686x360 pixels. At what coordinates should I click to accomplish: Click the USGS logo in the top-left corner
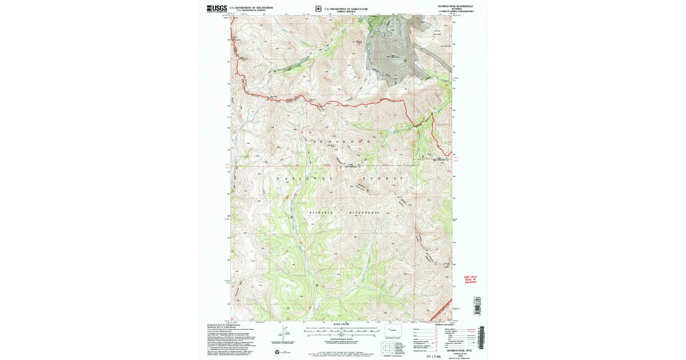(217, 8)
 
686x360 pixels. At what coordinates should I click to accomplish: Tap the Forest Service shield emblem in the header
(318, 8)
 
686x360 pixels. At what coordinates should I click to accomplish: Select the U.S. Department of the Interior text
(251, 7)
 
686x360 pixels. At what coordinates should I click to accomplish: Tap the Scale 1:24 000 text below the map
(341, 325)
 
